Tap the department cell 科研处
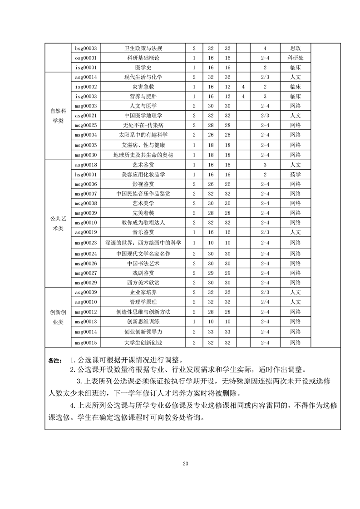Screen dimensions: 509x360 (295, 58)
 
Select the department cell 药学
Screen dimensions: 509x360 (295, 174)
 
